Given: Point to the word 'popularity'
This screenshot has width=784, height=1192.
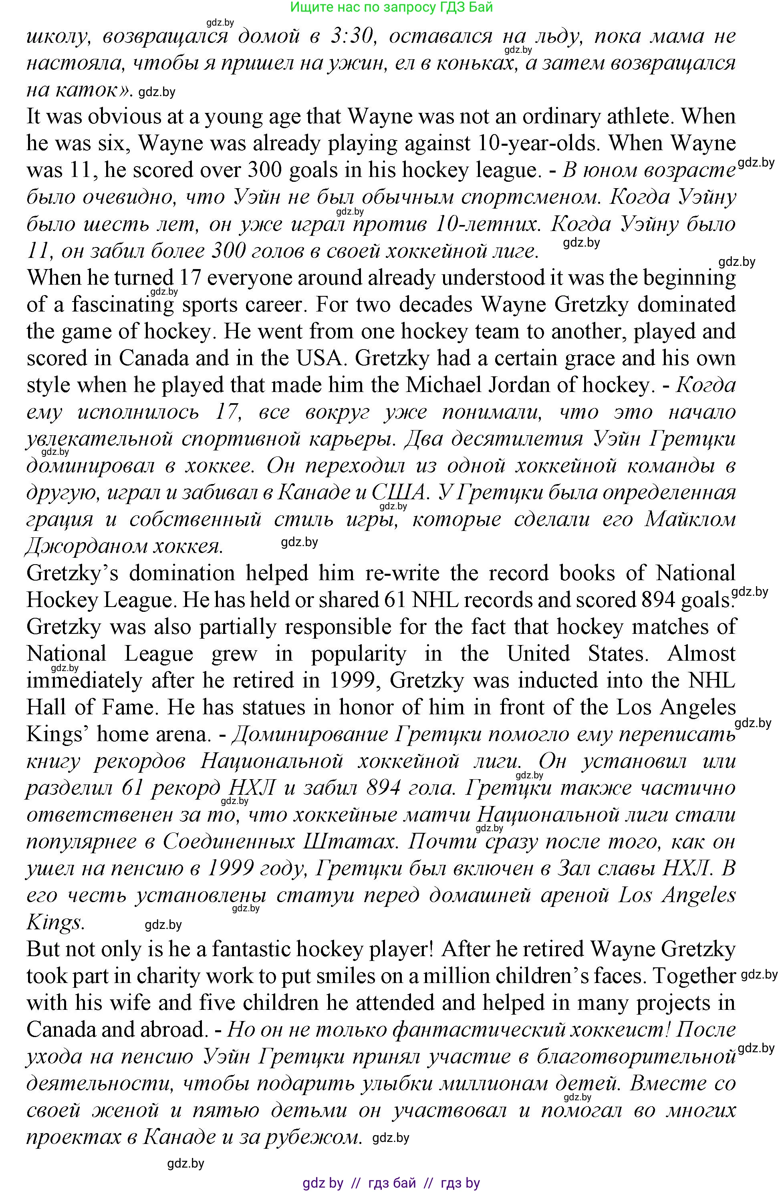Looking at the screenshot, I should pos(358,653).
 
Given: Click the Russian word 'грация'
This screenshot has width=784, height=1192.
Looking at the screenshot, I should pos(60,519).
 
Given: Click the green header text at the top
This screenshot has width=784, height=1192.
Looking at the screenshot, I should pos(391,7).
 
